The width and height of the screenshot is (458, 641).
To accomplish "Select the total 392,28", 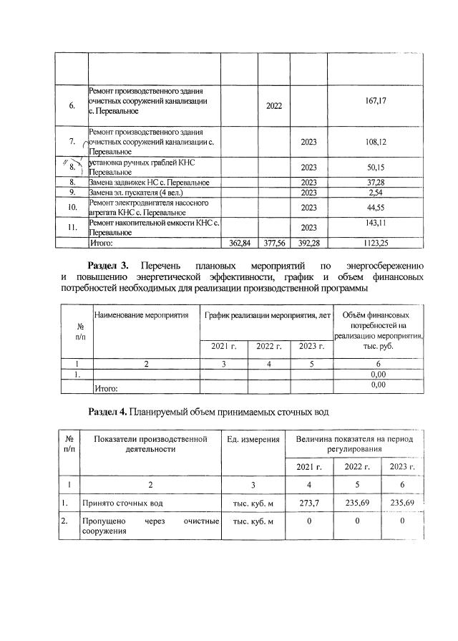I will pos(308,244).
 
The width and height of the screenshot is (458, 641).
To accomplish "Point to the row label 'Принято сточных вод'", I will pos(117,503).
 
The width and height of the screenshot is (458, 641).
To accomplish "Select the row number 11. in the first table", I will pos(72,228).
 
